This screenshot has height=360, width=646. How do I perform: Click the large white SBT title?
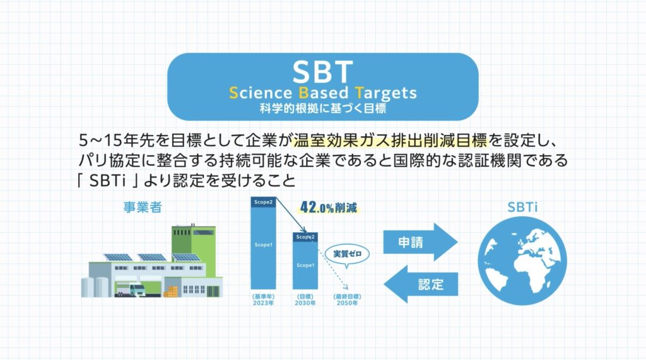point(322,72)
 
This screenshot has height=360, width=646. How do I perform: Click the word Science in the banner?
point(261,93)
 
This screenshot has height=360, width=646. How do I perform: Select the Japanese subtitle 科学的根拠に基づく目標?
point(322,108)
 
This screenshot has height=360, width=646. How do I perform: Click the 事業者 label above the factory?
point(143,207)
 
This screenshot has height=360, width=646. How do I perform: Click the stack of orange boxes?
point(171,292)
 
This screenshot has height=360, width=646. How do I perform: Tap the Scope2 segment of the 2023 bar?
point(263,202)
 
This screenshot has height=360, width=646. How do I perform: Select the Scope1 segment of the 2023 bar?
point(263,248)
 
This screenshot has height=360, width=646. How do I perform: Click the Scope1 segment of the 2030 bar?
point(305,265)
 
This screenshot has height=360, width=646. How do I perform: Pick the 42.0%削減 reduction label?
point(329,207)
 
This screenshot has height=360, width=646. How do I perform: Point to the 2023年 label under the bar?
point(263,303)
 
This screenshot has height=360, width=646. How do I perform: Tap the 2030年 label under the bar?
point(305,303)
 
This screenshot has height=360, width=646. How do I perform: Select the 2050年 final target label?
point(348,303)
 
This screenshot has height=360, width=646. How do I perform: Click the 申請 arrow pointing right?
point(420,242)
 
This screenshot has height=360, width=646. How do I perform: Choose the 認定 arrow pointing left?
point(421,284)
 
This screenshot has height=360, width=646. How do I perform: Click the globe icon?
point(522,261)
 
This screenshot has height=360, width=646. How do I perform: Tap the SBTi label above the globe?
point(522,207)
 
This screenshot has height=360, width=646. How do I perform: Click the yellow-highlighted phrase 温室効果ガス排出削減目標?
point(390,141)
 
